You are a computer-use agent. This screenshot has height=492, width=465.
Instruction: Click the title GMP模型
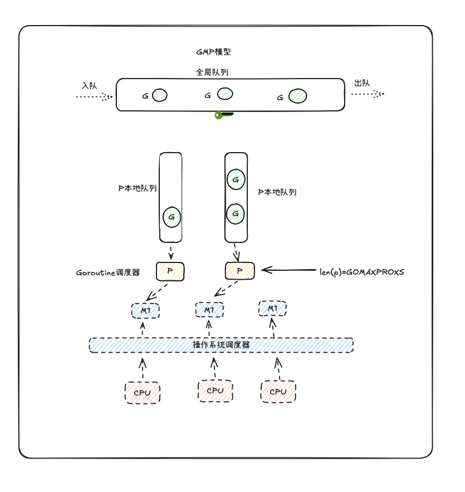[x=213, y=52]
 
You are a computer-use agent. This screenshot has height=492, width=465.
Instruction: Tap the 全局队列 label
[x=213, y=72]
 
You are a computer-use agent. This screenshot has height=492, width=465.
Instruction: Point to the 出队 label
[x=362, y=83]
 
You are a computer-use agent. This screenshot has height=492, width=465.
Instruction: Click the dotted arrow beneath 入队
[x=94, y=96]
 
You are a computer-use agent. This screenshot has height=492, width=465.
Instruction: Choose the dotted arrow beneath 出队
[x=368, y=94]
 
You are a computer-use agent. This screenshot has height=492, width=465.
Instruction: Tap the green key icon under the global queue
[x=223, y=115]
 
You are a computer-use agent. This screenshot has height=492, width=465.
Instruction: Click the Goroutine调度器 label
[x=107, y=273]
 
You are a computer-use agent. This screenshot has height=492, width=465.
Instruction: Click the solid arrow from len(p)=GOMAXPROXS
[x=289, y=271]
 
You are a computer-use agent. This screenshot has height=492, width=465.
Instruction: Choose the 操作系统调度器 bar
[x=221, y=345]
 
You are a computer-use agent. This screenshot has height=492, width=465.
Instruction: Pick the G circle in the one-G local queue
[x=172, y=216]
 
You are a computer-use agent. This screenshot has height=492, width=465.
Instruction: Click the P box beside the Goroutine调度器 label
[x=170, y=271]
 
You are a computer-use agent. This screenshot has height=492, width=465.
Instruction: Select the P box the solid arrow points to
[x=239, y=271]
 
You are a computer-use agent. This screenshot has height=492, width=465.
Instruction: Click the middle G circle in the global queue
[x=225, y=93]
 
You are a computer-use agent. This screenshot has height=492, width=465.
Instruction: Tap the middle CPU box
[x=215, y=391]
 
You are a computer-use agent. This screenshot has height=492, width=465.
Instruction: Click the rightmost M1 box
[x=272, y=309]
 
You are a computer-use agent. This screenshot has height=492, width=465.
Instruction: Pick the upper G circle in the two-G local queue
[x=236, y=179]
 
